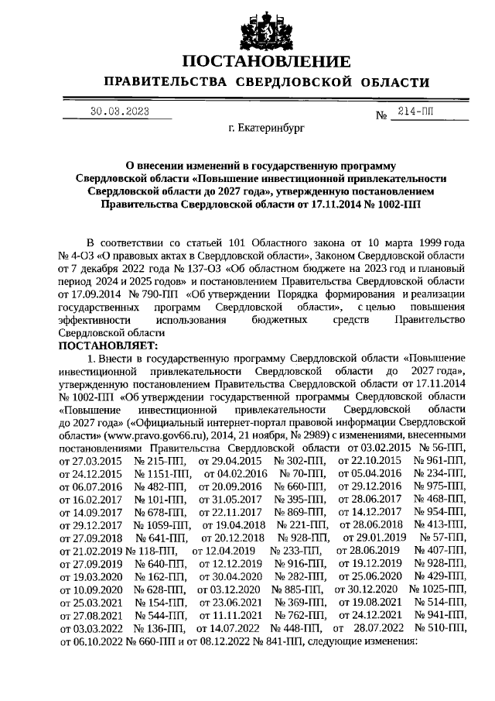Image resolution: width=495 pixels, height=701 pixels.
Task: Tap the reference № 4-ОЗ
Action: click(x=76, y=255)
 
